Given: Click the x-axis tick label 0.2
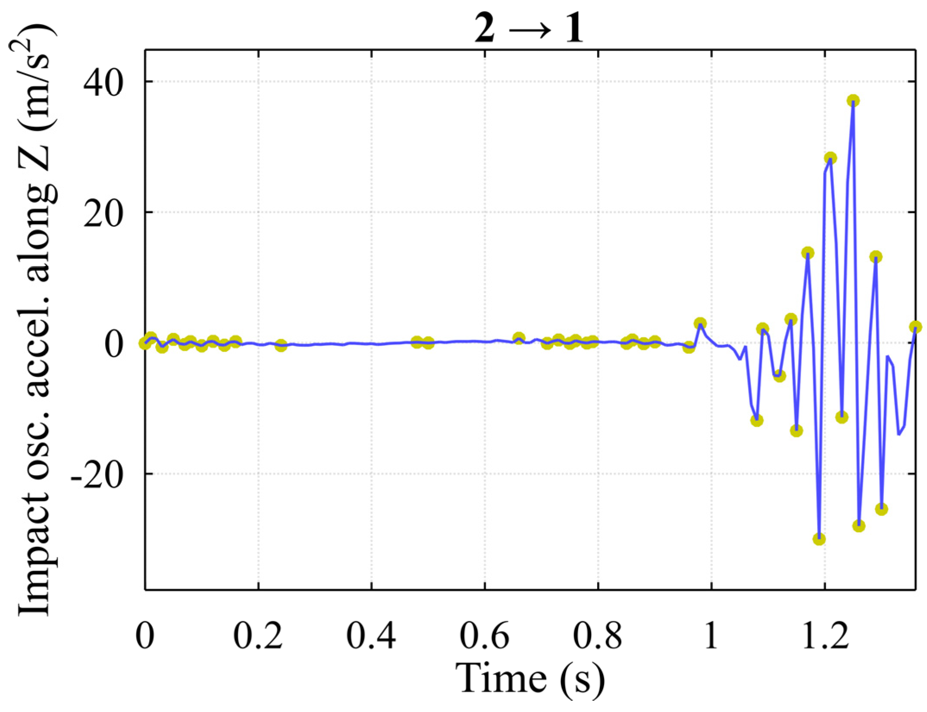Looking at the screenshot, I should tap(258, 636).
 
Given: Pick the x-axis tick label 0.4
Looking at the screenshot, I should tap(371, 636).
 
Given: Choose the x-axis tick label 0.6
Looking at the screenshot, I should tap(485, 636).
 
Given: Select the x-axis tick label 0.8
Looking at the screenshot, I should tap(598, 636).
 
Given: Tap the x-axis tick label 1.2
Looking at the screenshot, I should tap(825, 636).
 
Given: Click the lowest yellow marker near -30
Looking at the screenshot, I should tap(819, 539).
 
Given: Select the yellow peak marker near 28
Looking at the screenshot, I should tap(830, 158).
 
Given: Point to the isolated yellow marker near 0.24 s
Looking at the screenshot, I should tap(281, 345).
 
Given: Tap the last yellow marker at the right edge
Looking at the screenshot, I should tap(915, 327).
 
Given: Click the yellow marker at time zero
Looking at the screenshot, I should tap(145, 343).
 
